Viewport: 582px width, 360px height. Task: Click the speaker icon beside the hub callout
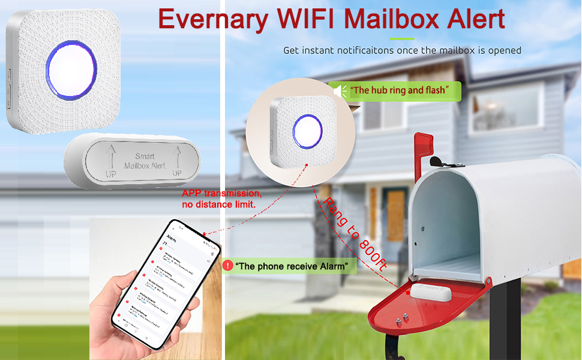[340, 91]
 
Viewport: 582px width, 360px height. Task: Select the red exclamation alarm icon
[227, 265]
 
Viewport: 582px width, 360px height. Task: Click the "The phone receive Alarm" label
[292, 266]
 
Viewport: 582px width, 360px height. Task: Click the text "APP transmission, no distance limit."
[222, 199]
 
